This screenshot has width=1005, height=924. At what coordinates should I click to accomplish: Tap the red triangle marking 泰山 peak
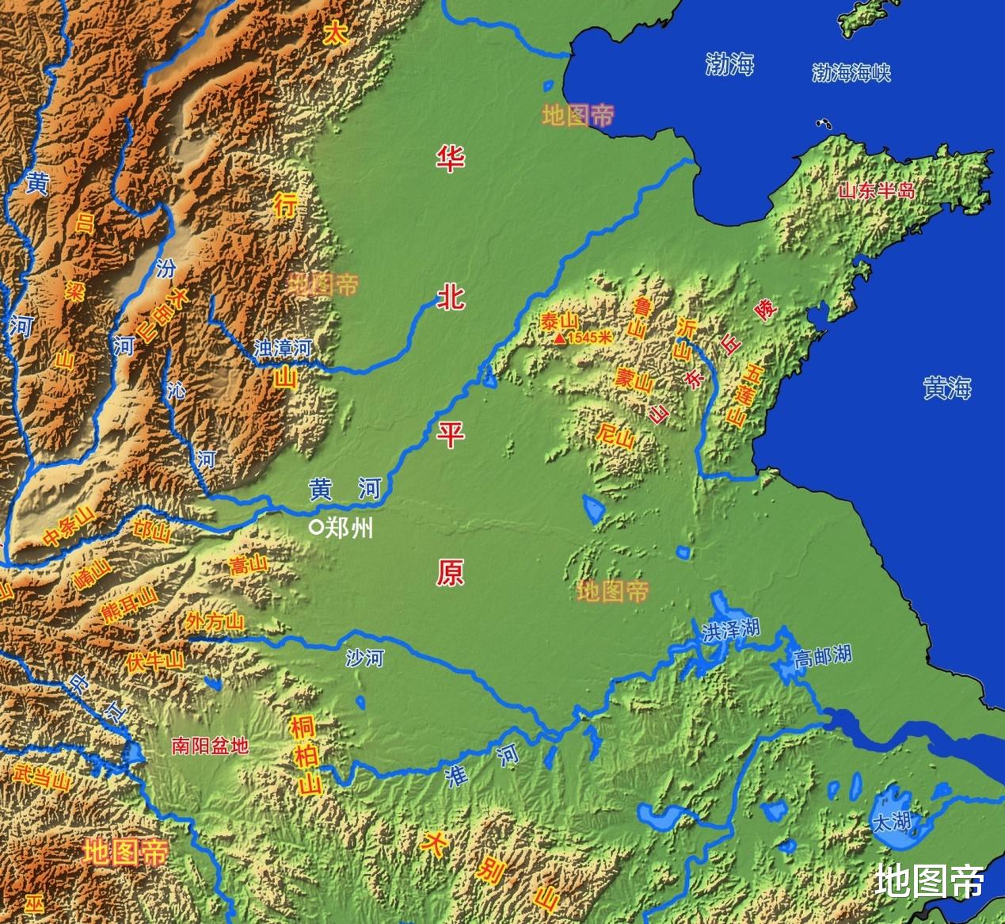pyautogui.click(x=560, y=338)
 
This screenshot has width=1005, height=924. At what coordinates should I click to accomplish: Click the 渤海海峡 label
pyautogui.click(x=851, y=73)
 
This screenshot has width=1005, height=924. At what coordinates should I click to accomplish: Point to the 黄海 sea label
pyautogui.click(x=946, y=388)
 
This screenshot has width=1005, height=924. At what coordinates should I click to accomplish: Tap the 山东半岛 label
pyautogui.click(x=876, y=190)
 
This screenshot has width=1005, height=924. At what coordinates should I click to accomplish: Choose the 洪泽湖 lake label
pyautogui.click(x=730, y=628)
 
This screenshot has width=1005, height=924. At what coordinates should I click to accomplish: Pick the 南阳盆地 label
pyautogui.click(x=210, y=745)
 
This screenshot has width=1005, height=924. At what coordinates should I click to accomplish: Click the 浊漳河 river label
pyautogui.click(x=283, y=347)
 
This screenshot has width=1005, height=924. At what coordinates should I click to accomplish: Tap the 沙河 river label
pyautogui.click(x=365, y=657)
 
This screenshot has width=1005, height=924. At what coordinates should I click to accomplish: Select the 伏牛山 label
pyautogui.click(x=156, y=660)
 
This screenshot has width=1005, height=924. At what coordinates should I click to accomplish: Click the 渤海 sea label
pyautogui.click(x=729, y=65)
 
